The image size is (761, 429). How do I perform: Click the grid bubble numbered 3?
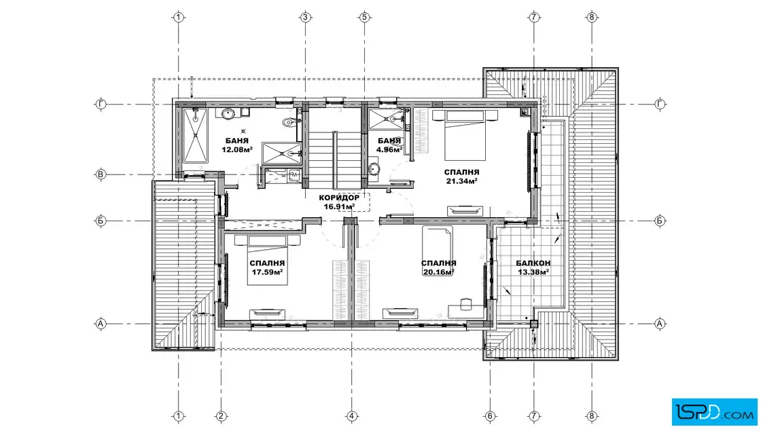tap(305, 18)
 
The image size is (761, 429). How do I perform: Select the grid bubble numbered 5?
tap(364, 18)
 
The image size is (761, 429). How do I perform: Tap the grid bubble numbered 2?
tap(221, 416)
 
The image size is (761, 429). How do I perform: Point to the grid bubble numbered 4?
tap(352, 416)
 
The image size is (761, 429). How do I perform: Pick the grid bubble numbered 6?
tap(490, 416)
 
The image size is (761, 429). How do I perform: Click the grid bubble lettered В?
tap(101, 174)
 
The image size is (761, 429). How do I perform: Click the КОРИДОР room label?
tap(339, 198)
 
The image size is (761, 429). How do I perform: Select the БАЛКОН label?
tap(533, 263)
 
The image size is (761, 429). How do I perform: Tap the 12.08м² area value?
tap(237, 150)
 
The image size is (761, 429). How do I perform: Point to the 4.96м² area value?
tap(389, 150)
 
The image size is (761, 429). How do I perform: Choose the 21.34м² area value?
tap(461, 181)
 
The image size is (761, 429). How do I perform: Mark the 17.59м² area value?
tap(267, 272)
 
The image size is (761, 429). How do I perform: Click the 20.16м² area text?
tap(438, 272)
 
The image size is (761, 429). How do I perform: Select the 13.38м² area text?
tap(533, 272)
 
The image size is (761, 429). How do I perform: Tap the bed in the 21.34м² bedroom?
tap(465, 135)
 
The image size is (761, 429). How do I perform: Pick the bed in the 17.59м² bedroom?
tap(268, 259)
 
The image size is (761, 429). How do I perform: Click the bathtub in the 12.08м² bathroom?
tap(195, 136)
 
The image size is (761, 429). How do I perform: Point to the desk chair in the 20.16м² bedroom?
tap(465, 303)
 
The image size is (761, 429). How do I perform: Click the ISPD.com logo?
tap(714, 412)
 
